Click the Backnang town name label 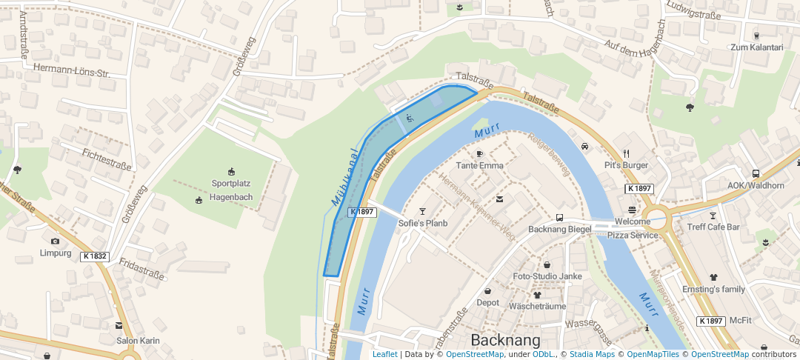pyautogui.click(x=506, y=340)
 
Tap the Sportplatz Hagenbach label pyautogui.click(x=231, y=190)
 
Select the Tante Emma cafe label pyautogui.click(x=479, y=165)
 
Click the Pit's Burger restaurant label pyautogui.click(x=626, y=165)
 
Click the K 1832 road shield pyautogui.click(x=95, y=256)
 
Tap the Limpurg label pyautogui.click(x=55, y=253)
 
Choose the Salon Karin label pyautogui.click(x=138, y=341)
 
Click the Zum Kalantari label pyautogui.click(x=756, y=47)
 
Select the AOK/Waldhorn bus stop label pyautogui.click(x=756, y=185)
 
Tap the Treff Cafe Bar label pyautogui.click(x=713, y=227)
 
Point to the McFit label pyautogui.click(x=740, y=321)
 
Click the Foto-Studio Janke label pyautogui.click(x=547, y=276)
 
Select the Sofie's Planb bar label pyautogui.click(x=423, y=222)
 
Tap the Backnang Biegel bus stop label pyautogui.click(x=559, y=229)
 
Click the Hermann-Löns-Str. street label pyautogui.click(x=71, y=73)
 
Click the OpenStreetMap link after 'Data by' pyautogui.click(x=475, y=355)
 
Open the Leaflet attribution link pyautogui.click(x=384, y=355)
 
